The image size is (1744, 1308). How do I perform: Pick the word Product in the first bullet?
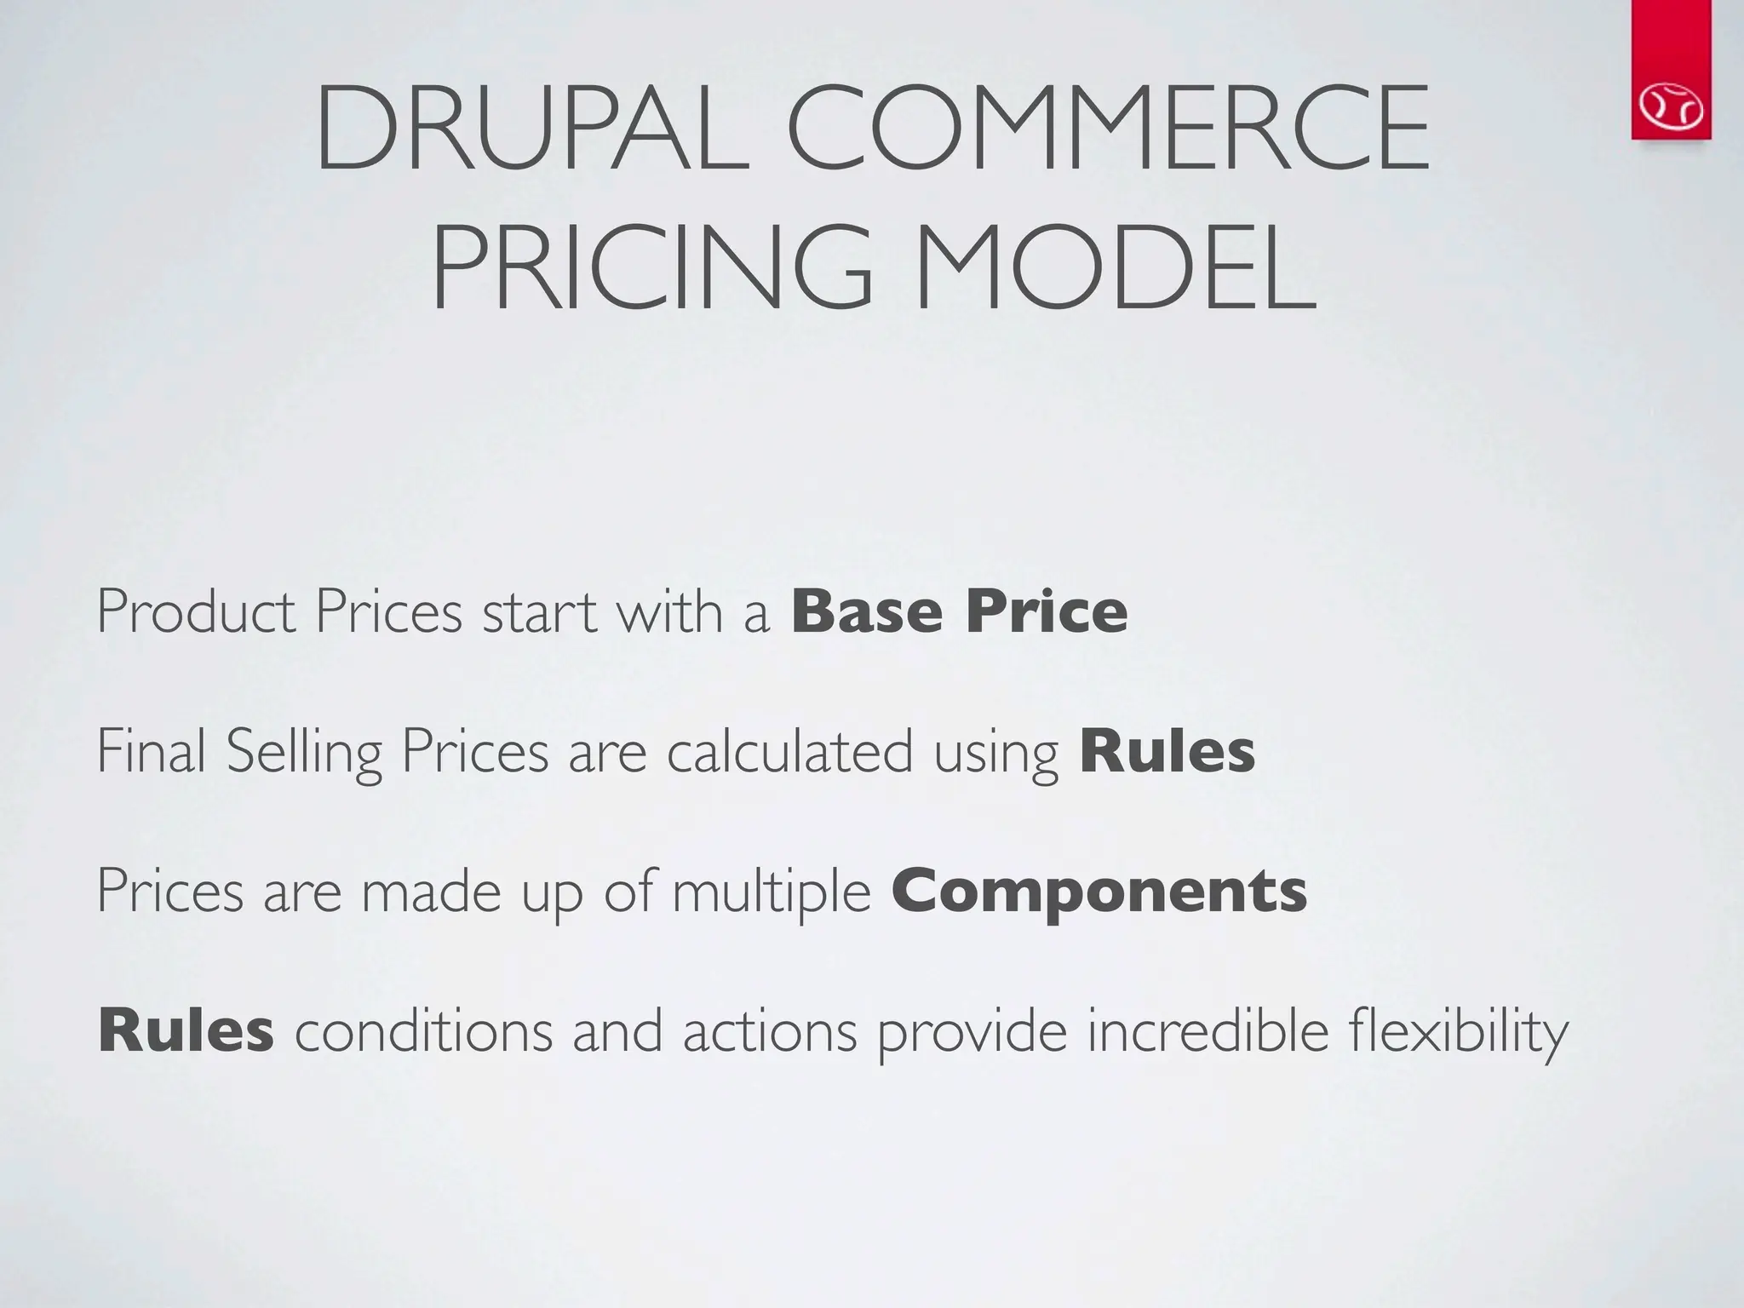coord(197,611)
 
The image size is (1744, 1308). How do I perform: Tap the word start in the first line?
coord(539,611)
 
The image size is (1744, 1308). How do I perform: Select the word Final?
coord(152,751)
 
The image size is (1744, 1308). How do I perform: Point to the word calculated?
coord(789,751)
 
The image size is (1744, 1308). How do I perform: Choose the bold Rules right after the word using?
coord(1167,751)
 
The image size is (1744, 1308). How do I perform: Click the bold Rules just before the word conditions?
coord(186,1030)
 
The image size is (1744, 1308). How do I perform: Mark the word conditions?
coord(423,1030)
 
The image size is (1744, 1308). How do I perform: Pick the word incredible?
coord(1208,1030)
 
